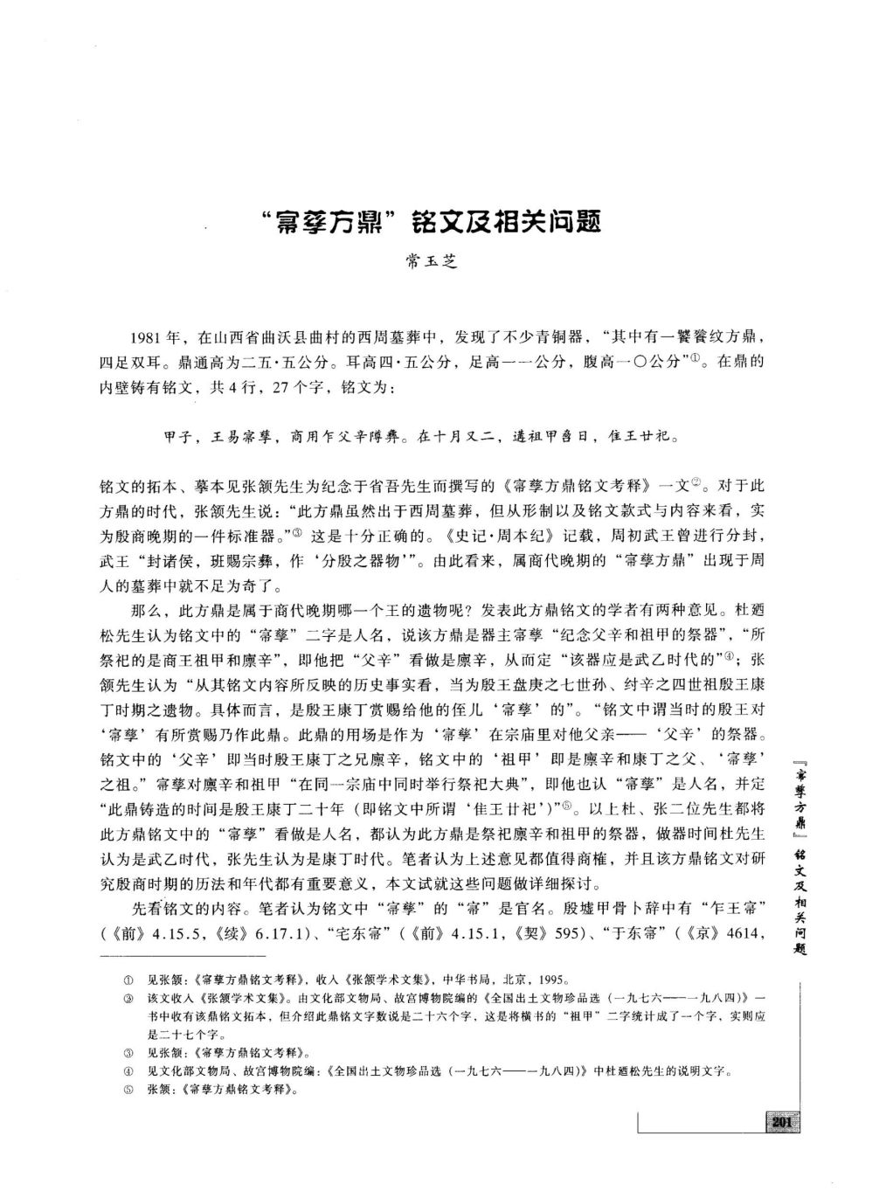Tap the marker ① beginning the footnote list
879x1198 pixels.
(128, 980)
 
